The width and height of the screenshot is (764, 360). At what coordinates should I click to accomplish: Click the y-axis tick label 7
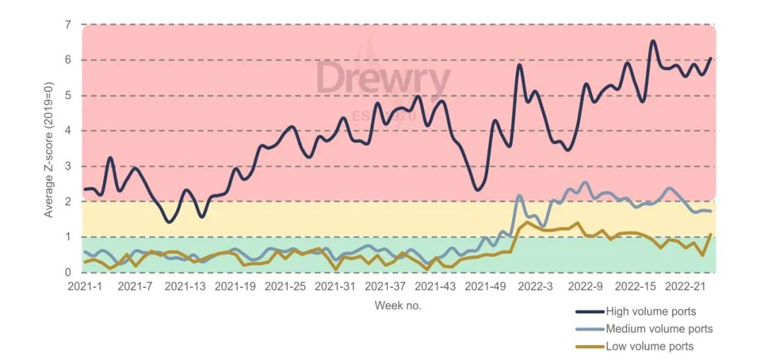tap(68, 25)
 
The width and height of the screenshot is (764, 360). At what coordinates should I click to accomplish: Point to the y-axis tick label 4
tap(68, 131)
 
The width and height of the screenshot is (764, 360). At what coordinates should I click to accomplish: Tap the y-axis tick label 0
tap(68, 272)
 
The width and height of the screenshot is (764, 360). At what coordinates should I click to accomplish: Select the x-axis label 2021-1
tap(85, 286)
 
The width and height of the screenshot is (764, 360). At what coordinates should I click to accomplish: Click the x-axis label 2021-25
tap(285, 286)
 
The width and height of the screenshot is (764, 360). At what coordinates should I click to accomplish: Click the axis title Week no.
tap(398, 306)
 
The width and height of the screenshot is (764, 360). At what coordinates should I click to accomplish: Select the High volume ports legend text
tap(651, 311)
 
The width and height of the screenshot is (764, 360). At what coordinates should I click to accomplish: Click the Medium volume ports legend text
tap(659, 329)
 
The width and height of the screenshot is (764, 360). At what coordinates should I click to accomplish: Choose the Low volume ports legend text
tap(649, 347)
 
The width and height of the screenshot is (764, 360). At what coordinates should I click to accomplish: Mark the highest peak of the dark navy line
tap(653, 41)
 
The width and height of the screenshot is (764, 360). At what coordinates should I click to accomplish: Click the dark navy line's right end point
tap(710, 59)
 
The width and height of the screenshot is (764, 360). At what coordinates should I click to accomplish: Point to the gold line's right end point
tap(710, 234)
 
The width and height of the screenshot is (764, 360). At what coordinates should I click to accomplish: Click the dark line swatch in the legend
tap(589, 311)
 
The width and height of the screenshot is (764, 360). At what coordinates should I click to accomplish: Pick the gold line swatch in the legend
tap(589, 347)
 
